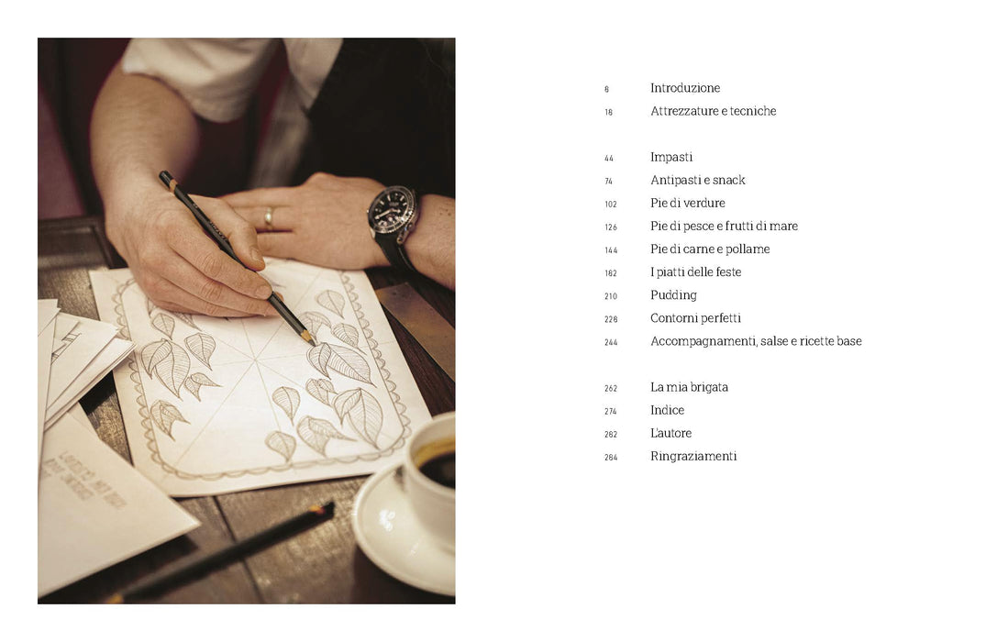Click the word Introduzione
point(685,88)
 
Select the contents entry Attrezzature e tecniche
point(713,111)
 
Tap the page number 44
point(609,159)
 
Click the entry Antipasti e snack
point(697,181)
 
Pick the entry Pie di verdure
point(687,203)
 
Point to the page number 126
point(611,227)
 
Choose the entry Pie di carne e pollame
point(710,249)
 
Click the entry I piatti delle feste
point(695,272)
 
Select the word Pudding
point(673,295)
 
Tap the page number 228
point(611,319)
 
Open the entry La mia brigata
point(689,387)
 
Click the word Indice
point(667,411)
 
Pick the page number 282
point(611,435)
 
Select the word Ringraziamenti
point(693,457)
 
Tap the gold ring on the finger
point(269,217)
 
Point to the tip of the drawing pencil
point(315,345)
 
